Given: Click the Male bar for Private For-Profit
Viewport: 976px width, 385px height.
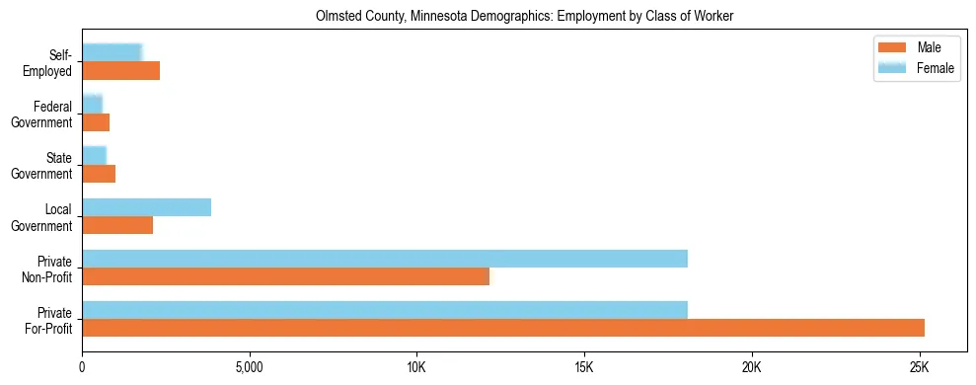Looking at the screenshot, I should tap(503, 328).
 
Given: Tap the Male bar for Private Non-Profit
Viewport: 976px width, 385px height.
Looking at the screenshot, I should tap(285, 276).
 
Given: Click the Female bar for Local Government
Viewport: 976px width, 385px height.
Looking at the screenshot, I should tap(146, 207).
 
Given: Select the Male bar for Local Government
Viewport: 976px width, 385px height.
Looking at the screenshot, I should tap(117, 225).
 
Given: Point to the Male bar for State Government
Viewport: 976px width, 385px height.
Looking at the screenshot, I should tap(99, 174).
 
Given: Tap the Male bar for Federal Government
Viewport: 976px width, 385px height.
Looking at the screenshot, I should tap(96, 122).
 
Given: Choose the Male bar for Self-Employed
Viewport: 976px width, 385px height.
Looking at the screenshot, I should tap(120, 71).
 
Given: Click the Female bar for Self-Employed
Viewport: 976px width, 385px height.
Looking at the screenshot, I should tap(113, 53).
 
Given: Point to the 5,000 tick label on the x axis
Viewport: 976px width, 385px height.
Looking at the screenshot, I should tap(250, 367).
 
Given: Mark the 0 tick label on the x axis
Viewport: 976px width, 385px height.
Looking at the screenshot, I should tap(82, 367).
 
